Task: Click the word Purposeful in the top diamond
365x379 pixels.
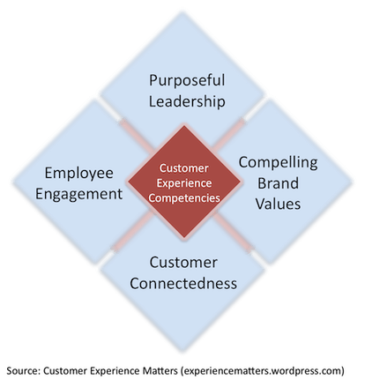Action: [187, 80]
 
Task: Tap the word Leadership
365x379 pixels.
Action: [187, 101]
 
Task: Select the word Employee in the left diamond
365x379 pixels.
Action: [78, 174]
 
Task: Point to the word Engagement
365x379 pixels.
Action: [78, 195]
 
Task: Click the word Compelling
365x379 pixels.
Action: [278, 162]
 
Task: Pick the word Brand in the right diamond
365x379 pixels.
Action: [278, 183]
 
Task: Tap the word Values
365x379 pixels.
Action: [278, 204]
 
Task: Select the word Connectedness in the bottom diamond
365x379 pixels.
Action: [183, 284]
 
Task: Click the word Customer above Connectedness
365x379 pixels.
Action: [183, 263]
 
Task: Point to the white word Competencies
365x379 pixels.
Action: [184, 198]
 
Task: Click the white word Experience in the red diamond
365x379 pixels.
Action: [184, 183]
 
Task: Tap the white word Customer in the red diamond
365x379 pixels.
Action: [184, 168]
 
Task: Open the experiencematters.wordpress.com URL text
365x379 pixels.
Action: [263, 371]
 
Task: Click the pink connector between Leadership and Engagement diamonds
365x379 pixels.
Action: [137, 135]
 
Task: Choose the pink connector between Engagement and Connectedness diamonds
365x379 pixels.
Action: [132, 232]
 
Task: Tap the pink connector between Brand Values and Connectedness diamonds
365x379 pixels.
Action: [234, 234]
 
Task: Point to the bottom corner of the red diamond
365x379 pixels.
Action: [184, 238]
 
